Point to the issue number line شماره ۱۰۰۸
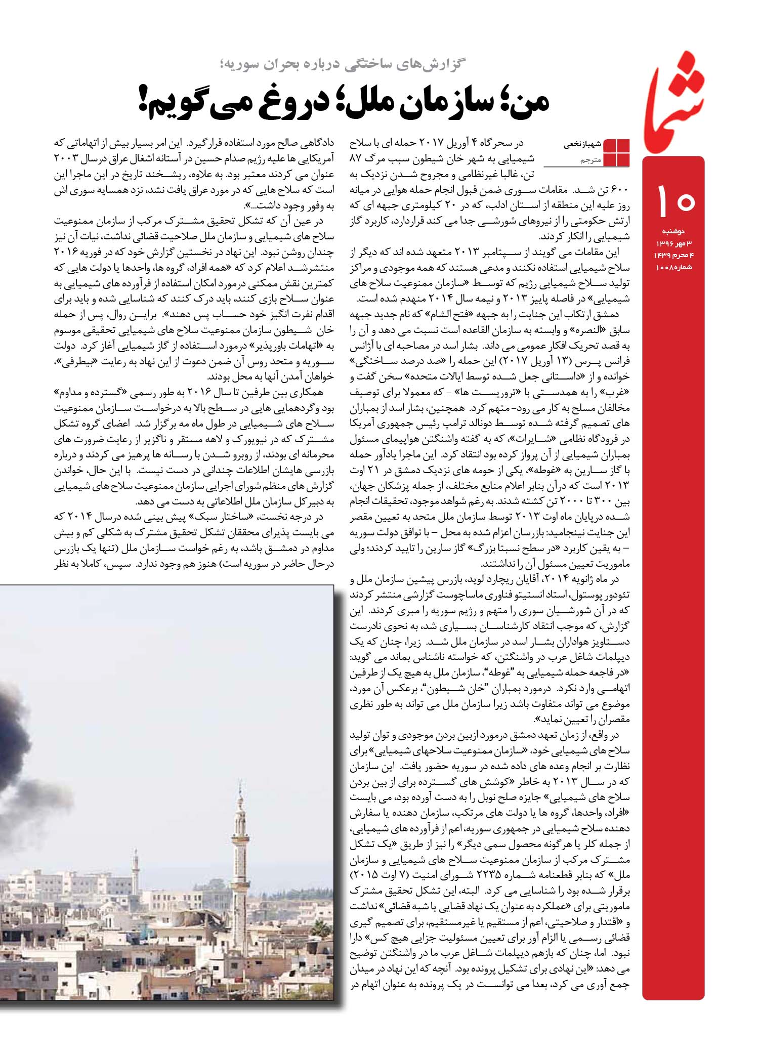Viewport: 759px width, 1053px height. (673, 267)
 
